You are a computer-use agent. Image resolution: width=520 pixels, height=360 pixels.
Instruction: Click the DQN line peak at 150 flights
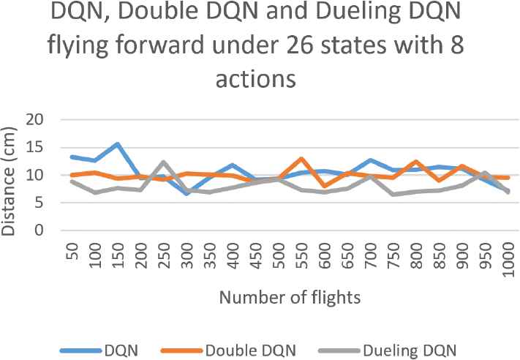tap(117, 144)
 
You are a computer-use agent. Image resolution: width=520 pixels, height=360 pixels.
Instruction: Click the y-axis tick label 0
tap(41, 231)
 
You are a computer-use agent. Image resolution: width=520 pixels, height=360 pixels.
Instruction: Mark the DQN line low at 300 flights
tap(187, 193)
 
